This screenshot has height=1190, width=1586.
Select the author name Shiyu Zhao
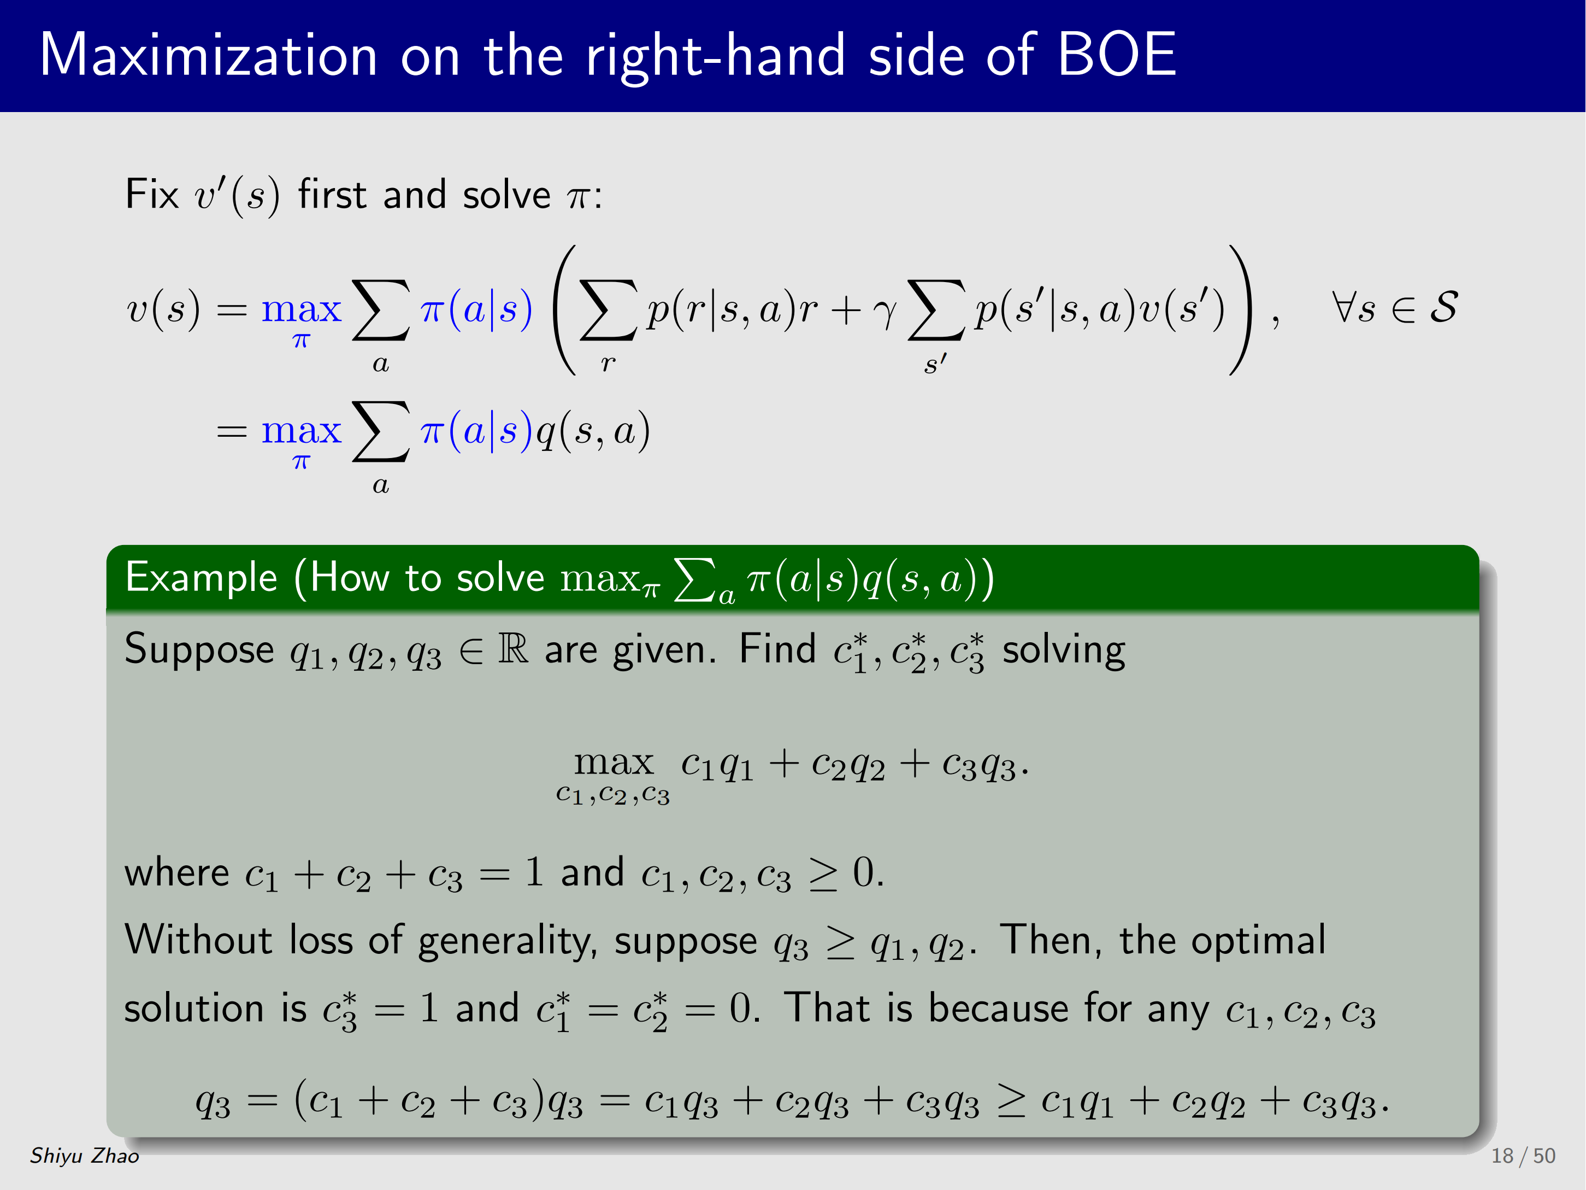pos(85,1156)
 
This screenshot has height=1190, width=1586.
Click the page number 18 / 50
pos(1523,1156)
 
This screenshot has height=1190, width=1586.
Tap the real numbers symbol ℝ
pos(514,648)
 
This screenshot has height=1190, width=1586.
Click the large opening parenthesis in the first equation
pos(565,310)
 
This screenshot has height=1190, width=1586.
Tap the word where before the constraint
pos(176,873)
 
